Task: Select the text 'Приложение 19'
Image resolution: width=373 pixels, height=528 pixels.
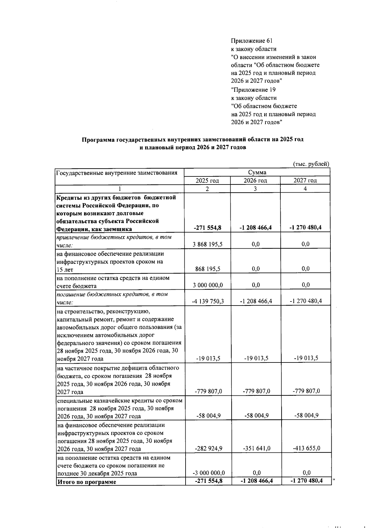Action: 254,90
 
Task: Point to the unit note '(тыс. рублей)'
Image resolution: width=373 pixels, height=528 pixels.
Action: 311,164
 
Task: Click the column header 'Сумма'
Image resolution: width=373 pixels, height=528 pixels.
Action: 257,172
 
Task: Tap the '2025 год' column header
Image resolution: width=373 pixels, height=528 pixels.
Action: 207,180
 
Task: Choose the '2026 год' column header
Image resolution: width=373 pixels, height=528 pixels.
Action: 255,180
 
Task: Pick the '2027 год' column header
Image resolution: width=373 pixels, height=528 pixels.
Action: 305,180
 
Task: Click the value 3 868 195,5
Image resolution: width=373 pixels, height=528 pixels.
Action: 208,244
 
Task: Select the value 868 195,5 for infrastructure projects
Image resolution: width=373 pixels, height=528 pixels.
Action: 208,269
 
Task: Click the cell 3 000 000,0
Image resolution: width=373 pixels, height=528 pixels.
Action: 208,285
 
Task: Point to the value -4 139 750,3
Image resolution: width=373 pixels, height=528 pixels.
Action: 208,301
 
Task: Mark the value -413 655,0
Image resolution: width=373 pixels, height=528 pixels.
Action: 306,448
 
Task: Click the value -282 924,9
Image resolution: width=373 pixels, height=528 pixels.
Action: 208,448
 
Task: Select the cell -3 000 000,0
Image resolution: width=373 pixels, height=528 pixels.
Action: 209,473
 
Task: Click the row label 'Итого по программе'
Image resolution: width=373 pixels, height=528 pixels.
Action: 87,482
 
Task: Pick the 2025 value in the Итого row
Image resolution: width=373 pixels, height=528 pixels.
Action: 208,481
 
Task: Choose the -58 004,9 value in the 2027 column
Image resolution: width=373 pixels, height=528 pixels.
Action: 306,415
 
